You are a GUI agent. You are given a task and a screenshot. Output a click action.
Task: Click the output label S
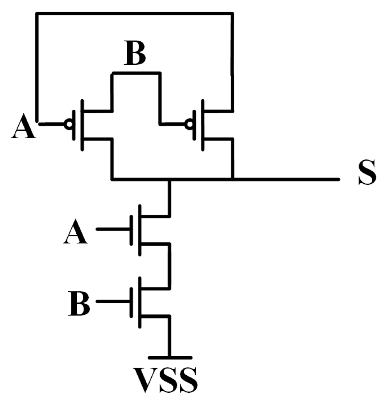(x=367, y=173)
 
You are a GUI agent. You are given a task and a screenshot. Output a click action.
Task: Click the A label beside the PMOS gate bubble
(x=23, y=128)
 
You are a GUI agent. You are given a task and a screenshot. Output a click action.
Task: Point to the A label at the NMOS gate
(x=75, y=233)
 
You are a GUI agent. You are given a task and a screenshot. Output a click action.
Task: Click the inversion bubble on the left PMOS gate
(x=67, y=124)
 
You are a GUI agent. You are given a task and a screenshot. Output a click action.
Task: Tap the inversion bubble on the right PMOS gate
(x=188, y=124)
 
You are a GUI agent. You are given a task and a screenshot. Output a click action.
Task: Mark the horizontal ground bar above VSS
(x=170, y=357)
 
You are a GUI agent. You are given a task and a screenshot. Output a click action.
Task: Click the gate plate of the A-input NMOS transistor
(x=130, y=229)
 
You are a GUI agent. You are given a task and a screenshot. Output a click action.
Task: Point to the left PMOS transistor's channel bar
(x=82, y=124)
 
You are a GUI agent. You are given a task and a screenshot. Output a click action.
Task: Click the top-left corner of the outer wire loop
(x=38, y=14)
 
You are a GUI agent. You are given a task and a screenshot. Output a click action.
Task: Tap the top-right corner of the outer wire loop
(x=232, y=14)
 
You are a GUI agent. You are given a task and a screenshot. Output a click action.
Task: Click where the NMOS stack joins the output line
(x=170, y=179)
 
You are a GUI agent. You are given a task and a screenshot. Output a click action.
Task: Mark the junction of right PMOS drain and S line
(x=232, y=179)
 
